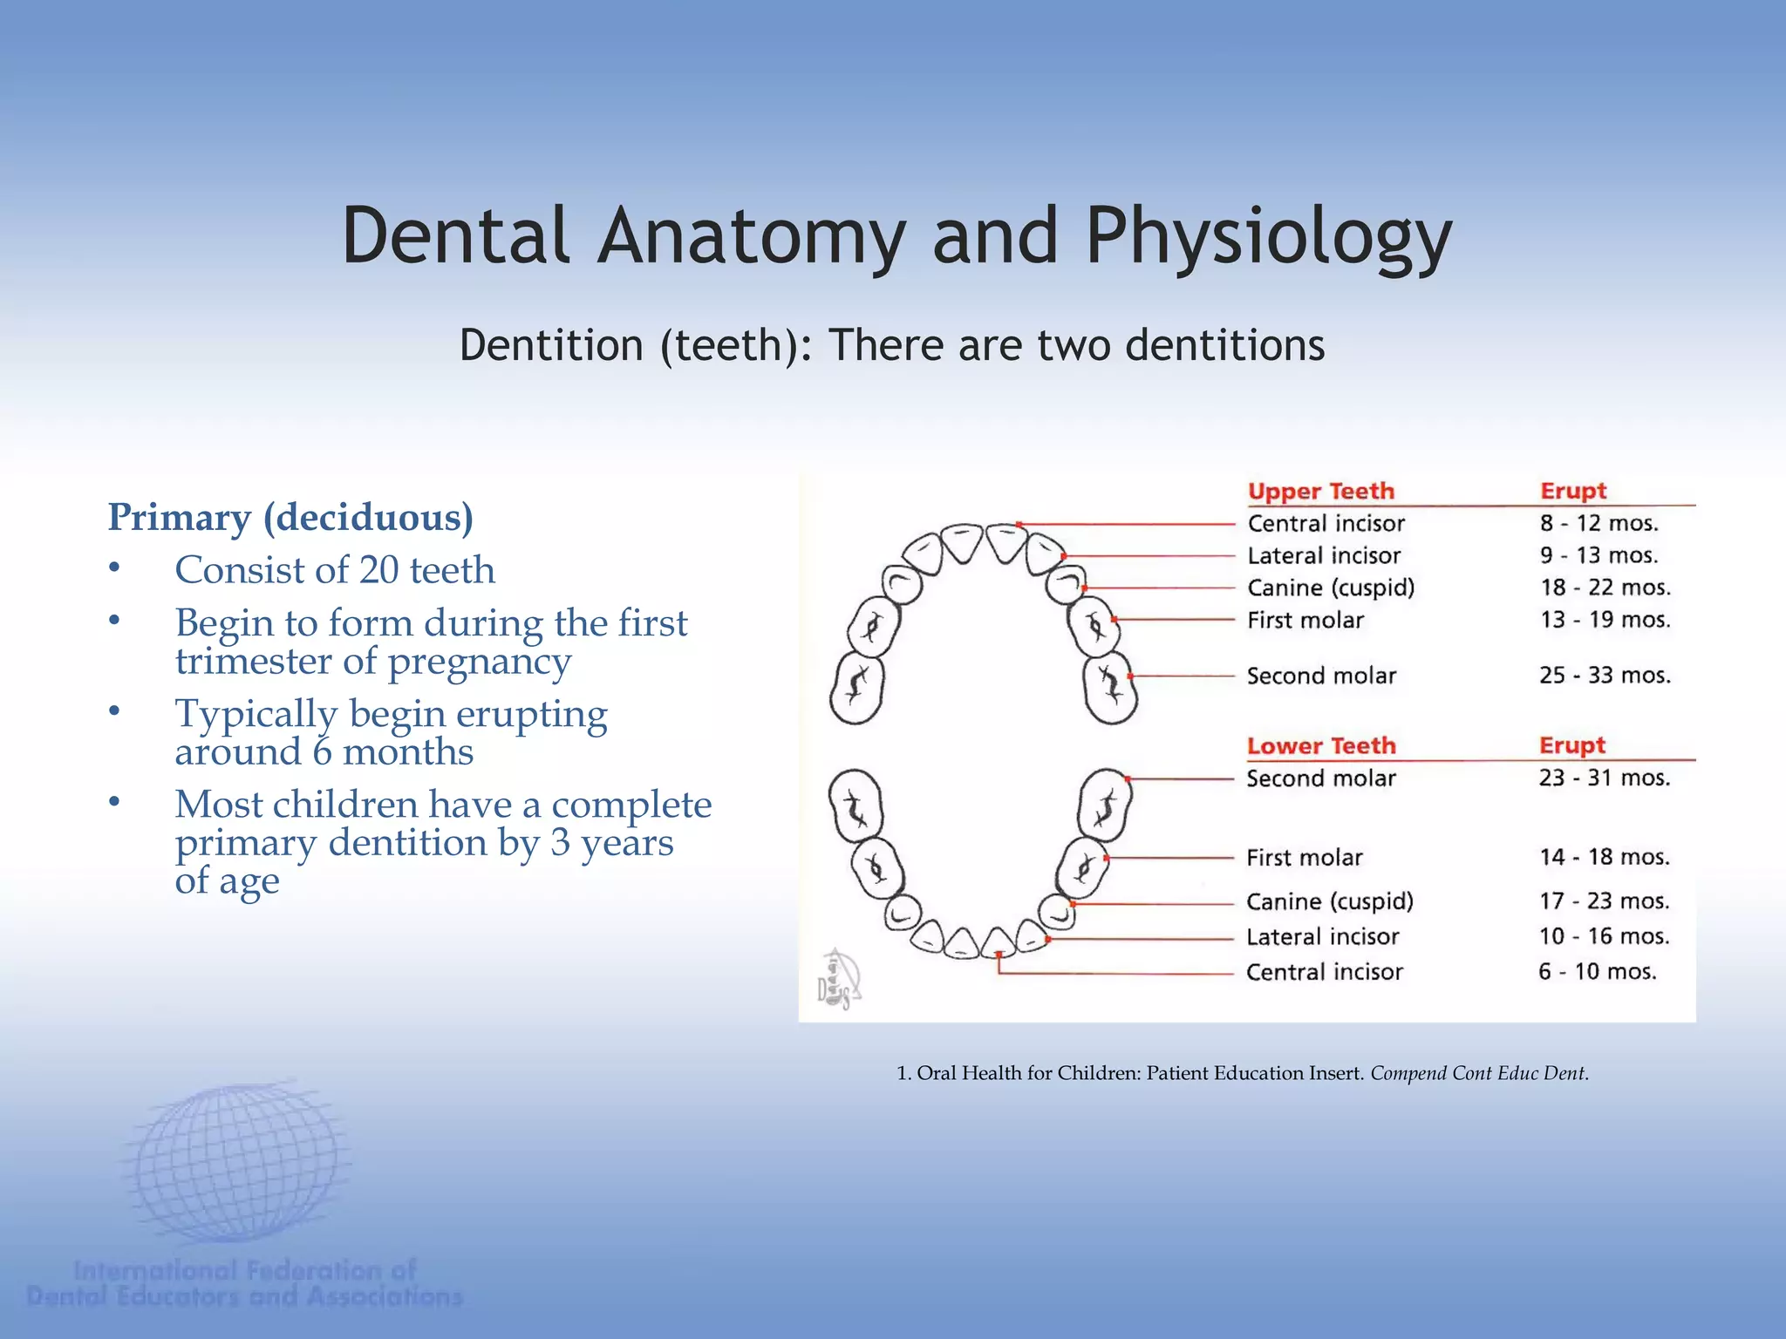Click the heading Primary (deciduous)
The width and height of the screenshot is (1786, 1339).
[290, 517]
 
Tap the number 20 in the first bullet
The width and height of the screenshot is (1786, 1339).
[379, 570]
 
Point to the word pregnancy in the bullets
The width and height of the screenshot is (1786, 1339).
[479, 661]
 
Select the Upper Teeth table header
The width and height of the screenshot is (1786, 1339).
[1320, 491]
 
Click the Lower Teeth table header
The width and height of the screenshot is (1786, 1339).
[1320, 745]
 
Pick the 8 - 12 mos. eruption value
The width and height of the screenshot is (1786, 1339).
[1598, 523]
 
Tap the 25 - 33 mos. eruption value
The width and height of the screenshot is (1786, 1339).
[1604, 675]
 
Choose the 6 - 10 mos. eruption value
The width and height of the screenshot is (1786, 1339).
[1597, 971]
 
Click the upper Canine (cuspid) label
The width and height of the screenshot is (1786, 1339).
[1330, 588]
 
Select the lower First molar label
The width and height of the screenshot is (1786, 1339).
[1304, 857]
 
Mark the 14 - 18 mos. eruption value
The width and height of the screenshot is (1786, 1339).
[1604, 857]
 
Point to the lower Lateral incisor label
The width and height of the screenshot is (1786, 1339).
[1322, 936]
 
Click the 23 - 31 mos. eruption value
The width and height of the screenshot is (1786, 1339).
[1604, 778]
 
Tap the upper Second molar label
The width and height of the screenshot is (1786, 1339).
[1320, 676]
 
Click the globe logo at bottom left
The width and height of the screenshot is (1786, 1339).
[235, 1164]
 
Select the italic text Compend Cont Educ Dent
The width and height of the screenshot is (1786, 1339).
[1478, 1073]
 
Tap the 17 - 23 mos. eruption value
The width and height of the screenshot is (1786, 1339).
[1604, 901]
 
